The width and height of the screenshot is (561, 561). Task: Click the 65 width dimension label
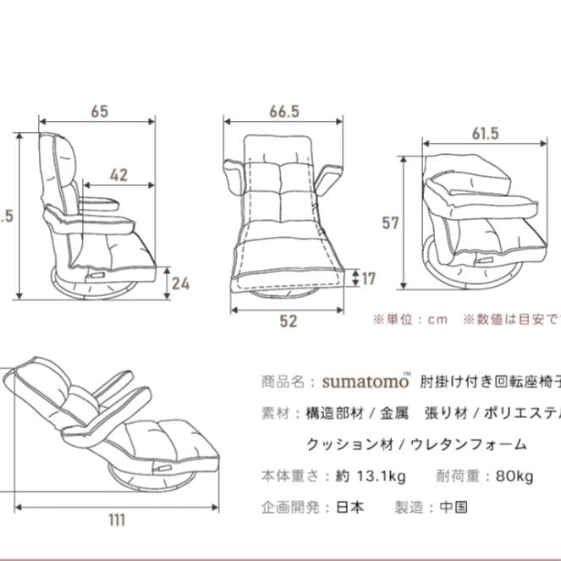98,110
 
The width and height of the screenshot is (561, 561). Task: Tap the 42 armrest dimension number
118,175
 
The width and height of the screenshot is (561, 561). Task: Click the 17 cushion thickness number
369,278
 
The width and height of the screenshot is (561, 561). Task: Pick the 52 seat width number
288,321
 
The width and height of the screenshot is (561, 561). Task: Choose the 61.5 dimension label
485,133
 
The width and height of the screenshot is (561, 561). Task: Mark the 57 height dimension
390,223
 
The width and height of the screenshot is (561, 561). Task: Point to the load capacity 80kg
511,476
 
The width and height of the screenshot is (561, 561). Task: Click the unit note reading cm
436,319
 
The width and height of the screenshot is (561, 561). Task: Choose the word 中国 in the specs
453,508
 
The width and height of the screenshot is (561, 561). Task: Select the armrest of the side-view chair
102,203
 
